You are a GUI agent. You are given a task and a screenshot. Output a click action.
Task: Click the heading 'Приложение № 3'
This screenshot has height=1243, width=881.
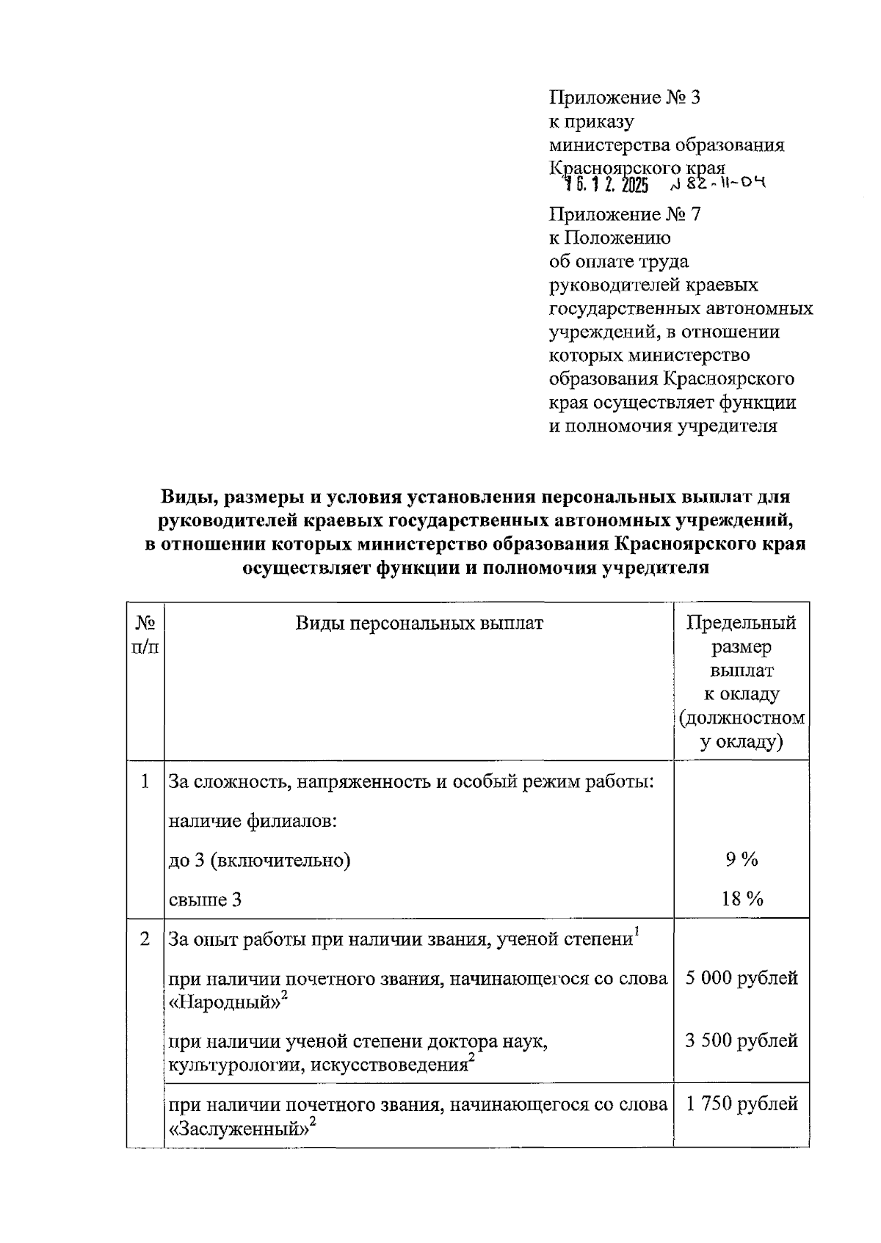(x=625, y=97)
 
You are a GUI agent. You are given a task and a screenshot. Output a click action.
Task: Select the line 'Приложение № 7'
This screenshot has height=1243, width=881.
(x=625, y=214)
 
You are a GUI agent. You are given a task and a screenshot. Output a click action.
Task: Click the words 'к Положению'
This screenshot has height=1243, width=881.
(x=609, y=238)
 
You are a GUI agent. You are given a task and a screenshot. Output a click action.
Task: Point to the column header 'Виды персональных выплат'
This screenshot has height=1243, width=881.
(x=419, y=624)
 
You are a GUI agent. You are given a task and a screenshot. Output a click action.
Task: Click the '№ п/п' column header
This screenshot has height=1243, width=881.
(x=145, y=635)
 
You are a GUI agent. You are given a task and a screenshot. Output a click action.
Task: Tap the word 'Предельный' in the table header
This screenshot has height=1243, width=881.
(x=741, y=624)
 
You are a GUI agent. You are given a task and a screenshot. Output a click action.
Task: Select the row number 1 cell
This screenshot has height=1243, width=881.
(x=145, y=781)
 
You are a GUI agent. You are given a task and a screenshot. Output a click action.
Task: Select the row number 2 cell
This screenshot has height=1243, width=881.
(x=145, y=939)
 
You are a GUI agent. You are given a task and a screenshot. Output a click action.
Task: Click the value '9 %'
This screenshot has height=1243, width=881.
(x=742, y=860)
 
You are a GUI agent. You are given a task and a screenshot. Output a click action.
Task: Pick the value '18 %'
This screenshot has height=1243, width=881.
(x=742, y=899)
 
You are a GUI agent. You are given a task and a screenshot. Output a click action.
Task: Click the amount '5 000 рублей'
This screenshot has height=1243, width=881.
(x=742, y=978)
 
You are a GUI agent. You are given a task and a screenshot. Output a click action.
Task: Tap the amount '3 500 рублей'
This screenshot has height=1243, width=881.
(x=742, y=1040)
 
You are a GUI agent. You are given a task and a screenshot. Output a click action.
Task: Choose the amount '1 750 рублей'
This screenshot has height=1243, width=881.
(x=742, y=1104)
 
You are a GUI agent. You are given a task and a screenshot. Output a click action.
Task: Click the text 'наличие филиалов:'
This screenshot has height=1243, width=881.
(x=253, y=820)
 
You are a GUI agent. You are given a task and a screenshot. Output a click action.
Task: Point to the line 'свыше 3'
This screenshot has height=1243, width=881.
(x=205, y=900)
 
